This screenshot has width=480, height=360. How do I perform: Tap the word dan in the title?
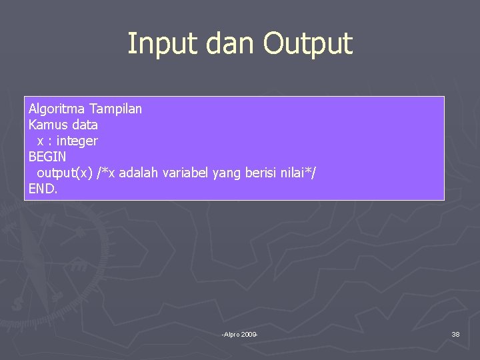[225, 44]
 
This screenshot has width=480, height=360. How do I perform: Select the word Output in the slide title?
[307, 44]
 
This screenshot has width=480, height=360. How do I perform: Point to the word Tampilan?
[115, 109]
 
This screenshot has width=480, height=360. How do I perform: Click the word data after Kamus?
[83, 125]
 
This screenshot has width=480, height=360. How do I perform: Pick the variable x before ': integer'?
[41, 141]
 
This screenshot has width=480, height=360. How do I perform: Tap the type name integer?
[77, 141]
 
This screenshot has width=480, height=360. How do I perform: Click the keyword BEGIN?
[47, 157]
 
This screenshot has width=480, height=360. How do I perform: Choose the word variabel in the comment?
[186, 173]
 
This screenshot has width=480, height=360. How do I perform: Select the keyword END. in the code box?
[43, 189]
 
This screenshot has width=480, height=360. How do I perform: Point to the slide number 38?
[455, 334]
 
